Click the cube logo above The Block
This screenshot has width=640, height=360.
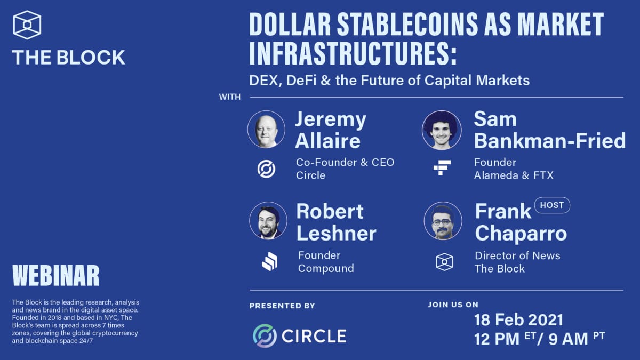click(27, 25)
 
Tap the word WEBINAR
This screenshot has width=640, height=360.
click(55, 275)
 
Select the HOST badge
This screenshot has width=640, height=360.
click(552, 205)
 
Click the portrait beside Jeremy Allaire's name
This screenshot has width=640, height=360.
click(266, 129)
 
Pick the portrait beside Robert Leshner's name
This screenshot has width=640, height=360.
click(268, 220)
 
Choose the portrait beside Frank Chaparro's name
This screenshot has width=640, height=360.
click(443, 221)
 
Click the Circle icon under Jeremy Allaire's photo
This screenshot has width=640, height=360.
click(266, 169)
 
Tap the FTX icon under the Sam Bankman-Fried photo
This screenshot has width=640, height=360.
click(442, 169)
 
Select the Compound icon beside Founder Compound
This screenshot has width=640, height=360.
click(269, 261)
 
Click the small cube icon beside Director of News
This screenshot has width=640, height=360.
click(444, 261)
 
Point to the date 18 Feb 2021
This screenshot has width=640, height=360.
click(518, 320)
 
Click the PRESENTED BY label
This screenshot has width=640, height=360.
click(282, 306)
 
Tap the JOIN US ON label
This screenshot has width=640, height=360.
click(453, 305)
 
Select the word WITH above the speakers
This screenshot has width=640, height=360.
click(230, 97)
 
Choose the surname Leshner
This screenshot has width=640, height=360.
click(336, 233)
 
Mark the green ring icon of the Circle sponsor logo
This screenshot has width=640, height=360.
click(265, 335)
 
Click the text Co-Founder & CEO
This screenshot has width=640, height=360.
click(345, 162)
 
